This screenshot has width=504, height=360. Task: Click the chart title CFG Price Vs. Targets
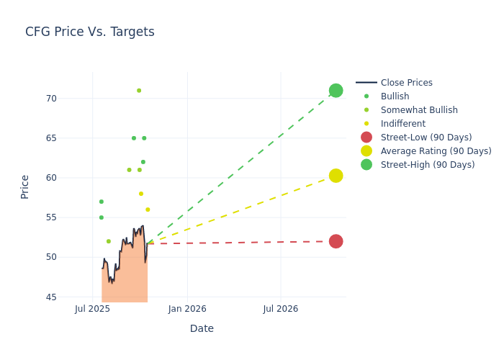coord(90,32)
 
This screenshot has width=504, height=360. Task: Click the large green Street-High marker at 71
coord(336,91)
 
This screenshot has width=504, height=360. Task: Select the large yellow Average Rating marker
coord(336,176)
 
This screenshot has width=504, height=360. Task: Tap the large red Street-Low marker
coord(336,241)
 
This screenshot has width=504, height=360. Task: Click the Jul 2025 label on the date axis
coord(92,309)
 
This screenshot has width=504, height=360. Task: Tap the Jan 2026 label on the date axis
coord(187,309)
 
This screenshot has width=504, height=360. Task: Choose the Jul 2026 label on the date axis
coord(280,309)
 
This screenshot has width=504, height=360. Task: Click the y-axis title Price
coord(25,186)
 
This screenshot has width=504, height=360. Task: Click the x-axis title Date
coord(202,328)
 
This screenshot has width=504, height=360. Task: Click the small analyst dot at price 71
coord(139,91)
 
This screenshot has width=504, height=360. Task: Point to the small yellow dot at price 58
coord(141,194)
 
